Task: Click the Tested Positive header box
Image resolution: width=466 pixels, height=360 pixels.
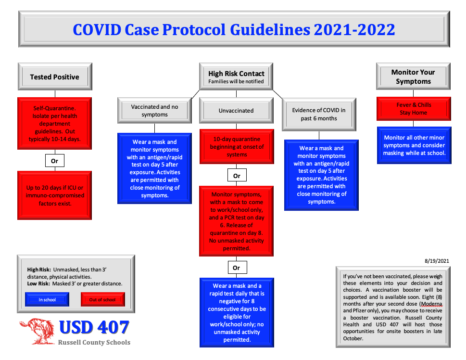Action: [55, 77]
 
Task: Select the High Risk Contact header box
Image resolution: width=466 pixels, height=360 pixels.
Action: [236, 77]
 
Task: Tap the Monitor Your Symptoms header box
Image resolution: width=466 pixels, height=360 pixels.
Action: [413, 76]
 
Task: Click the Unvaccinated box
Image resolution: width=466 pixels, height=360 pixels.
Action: [236, 110]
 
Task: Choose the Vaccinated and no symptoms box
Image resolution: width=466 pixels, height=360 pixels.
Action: [154, 110]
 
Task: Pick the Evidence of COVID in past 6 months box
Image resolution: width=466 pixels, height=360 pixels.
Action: [319, 114]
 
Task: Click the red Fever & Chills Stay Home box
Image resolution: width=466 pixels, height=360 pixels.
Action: [414, 109]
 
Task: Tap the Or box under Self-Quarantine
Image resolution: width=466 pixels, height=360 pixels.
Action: [55, 161]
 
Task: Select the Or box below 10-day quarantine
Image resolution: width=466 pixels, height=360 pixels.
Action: [237, 176]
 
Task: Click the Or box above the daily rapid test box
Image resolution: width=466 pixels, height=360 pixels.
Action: [237, 268]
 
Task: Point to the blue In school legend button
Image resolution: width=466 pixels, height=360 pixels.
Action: [47, 300]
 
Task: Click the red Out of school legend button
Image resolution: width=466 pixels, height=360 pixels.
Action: [102, 300]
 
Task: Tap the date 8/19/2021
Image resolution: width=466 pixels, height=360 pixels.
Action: [437, 261]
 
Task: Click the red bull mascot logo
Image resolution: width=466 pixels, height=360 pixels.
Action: [37, 331]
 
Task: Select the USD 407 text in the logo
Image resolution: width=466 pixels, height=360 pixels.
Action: [94, 327]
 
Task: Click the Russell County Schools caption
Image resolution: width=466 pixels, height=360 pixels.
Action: [94, 343]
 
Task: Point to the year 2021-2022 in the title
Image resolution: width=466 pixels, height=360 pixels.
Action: [354, 30]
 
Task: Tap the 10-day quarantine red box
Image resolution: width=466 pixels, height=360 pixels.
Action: [237, 146]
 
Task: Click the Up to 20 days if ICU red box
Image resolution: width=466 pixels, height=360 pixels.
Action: [55, 195]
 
